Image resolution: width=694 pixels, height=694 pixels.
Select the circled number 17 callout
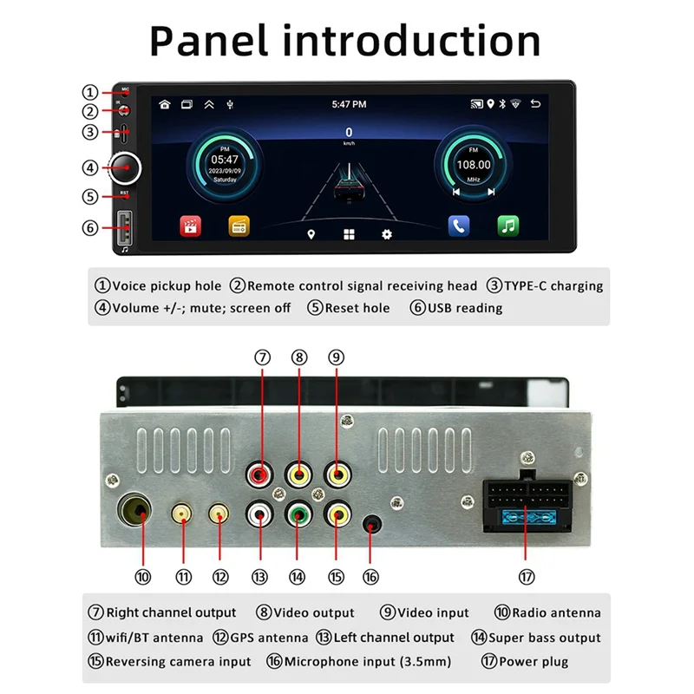point(527,577)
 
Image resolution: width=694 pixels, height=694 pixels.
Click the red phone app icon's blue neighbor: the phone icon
point(459,226)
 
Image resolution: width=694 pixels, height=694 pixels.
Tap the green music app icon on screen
point(507,226)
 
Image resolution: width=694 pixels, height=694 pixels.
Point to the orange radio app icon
point(239,226)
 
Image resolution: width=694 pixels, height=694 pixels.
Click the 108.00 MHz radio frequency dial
point(474,165)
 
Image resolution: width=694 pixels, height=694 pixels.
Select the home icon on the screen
point(165,104)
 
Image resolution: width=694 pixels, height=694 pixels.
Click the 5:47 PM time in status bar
point(349,104)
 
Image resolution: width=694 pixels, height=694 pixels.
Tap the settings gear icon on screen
point(387,234)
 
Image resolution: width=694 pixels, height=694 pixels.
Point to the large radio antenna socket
point(137,514)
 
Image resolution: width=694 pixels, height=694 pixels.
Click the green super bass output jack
point(298,514)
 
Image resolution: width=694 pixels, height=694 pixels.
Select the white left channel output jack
point(259,514)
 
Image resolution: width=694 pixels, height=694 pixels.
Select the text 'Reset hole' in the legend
point(357,308)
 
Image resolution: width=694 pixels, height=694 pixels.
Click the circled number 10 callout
point(143,577)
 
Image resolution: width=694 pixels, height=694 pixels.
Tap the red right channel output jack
point(259,475)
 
